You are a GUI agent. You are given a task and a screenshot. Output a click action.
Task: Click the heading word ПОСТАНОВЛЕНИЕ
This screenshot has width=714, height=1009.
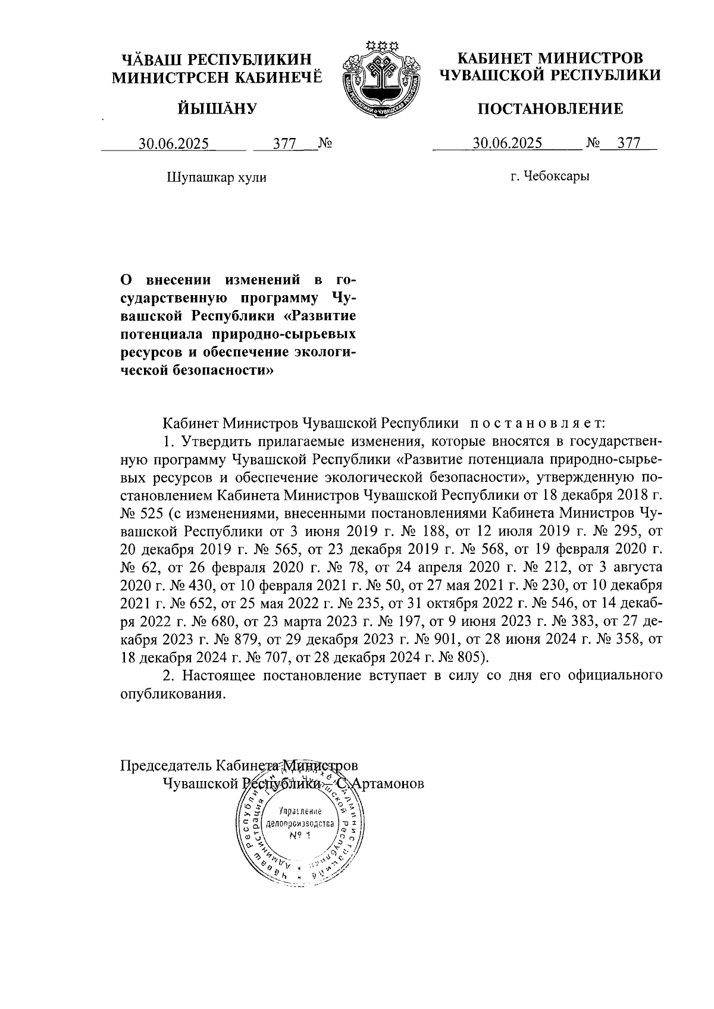(551, 109)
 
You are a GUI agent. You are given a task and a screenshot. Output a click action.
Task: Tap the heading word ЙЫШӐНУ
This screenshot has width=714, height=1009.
(217, 109)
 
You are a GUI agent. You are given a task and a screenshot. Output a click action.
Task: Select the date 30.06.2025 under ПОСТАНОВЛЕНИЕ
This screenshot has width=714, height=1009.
(508, 143)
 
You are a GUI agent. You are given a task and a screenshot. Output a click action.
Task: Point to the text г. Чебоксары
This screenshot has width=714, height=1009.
(550, 176)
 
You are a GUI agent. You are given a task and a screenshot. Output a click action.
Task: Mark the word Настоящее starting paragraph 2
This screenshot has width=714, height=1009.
(220, 676)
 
